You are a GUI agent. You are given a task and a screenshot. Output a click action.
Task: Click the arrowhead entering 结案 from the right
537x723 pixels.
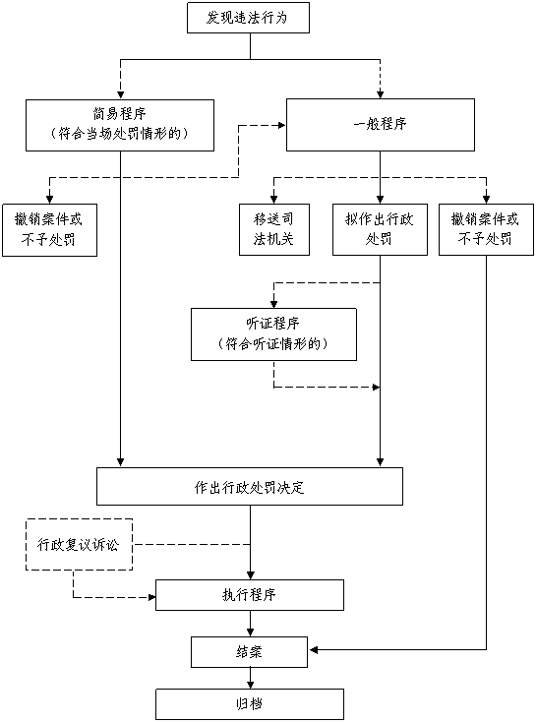point(314,650)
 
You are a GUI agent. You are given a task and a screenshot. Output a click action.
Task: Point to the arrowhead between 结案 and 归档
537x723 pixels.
point(250,685)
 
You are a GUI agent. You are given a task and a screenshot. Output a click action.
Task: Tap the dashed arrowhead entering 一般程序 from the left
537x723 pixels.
point(281,125)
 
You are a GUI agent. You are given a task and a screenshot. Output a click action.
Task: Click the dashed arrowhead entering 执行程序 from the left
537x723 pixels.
point(151,598)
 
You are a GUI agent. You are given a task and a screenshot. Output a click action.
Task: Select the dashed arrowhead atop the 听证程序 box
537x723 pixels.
point(273,304)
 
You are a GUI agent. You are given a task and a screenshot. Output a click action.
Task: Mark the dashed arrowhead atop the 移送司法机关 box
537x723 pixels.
point(273,199)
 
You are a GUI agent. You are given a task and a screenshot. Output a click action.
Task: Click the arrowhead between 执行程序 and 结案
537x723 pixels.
point(250,633)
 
